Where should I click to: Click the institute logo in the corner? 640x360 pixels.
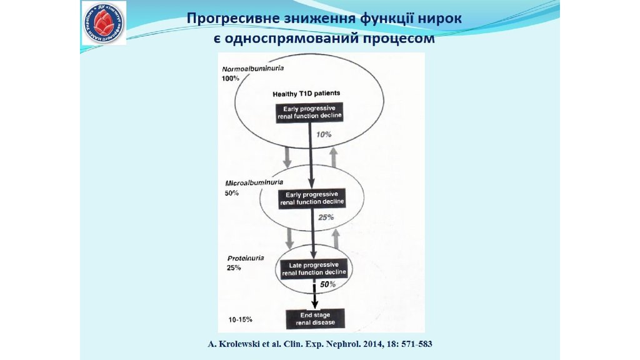pyautogui.click(x=104, y=23)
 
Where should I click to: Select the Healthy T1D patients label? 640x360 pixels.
pyautogui.click(x=306, y=93)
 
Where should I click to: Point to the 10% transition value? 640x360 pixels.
pyautogui.click(x=324, y=135)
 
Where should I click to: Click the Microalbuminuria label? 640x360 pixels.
pyautogui.click(x=254, y=183)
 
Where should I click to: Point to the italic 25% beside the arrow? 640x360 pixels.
pyautogui.click(x=326, y=217)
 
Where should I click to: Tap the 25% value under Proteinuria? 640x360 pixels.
pyautogui.click(x=234, y=267)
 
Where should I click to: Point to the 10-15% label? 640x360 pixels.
pyautogui.click(x=241, y=319)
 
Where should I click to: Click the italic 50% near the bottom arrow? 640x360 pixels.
pyautogui.click(x=328, y=284)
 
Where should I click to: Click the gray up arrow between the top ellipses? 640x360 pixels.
pyautogui.click(x=333, y=156)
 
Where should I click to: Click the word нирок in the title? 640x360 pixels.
pyautogui.click(x=441, y=19)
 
